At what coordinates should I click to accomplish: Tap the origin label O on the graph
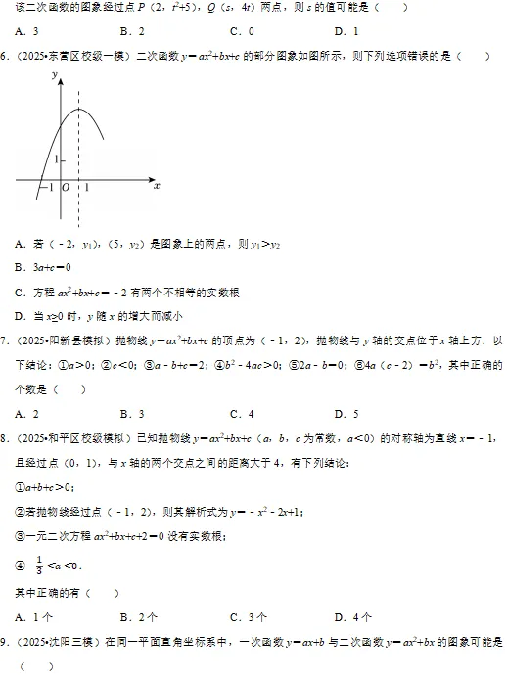point(65,187)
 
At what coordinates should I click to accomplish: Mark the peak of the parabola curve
point(77,109)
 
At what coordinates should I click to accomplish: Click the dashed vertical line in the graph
point(77,157)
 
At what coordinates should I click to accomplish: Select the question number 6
point(5,55)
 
